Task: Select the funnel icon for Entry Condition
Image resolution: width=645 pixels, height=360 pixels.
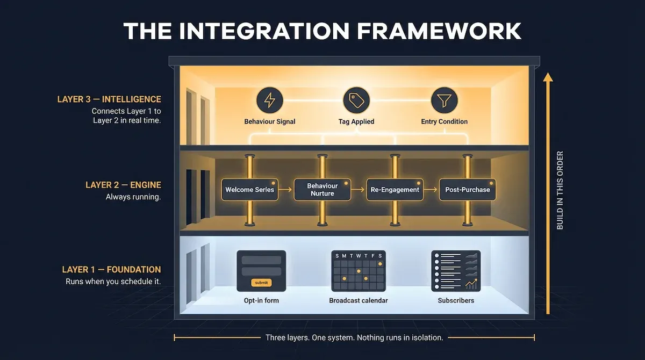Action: [444, 100]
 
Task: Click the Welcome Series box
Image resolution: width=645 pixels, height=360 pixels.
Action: [250, 190]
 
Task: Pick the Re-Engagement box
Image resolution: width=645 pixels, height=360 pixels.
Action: [395, 190]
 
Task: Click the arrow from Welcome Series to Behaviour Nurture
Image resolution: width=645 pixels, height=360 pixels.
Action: [286, 190]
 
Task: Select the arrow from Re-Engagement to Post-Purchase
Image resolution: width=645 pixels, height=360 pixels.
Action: [430, 190]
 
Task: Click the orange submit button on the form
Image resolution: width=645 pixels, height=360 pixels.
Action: [261, 283]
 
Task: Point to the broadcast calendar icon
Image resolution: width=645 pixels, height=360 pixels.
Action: [358, 271]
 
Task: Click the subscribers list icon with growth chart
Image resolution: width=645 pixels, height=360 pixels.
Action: [456, 271]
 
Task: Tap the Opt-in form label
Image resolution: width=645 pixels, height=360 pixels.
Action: [261, 300]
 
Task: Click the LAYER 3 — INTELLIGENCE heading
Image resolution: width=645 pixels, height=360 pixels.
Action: [109, 99]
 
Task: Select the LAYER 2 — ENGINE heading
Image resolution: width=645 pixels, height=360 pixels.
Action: [123, 185]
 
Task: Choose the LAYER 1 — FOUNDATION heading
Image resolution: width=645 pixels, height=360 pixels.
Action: [111, 270]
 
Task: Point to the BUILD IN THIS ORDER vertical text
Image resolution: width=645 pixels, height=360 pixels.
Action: [560, 191]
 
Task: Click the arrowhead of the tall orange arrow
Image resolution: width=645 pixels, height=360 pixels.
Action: [548, 77]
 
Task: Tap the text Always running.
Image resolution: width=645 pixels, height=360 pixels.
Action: [133, 197]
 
